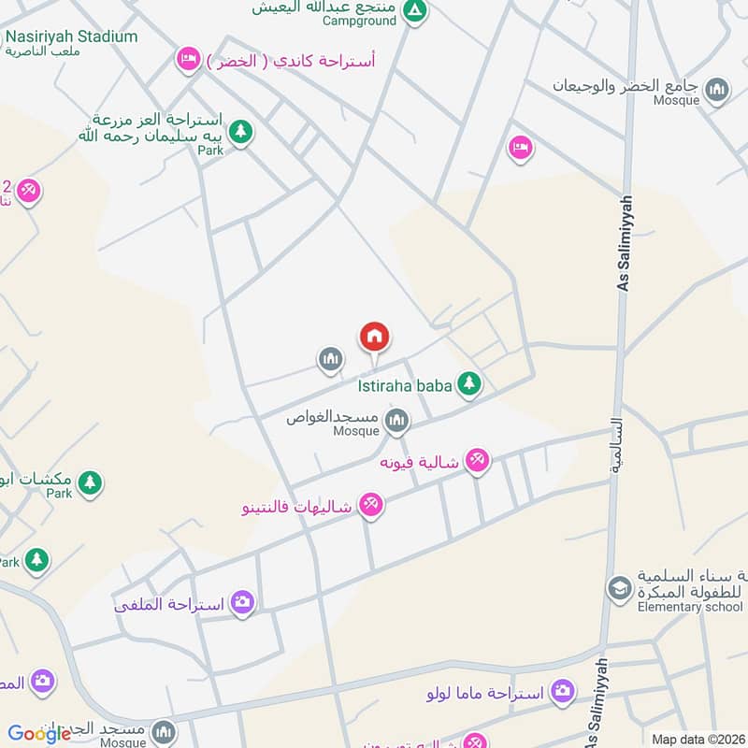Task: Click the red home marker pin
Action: [374, 337]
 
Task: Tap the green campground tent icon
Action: [414, 11]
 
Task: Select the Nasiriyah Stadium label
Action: [70, 36]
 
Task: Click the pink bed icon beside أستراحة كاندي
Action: [188, 61]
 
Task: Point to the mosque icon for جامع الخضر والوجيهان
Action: [717, 90]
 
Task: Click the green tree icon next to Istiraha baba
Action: [469, 383]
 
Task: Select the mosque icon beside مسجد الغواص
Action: [397, 422]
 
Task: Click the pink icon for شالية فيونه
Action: [478, 460]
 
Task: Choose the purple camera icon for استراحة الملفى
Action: [243, 602]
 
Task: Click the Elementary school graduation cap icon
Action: [619, 589]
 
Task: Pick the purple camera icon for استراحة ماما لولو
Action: [562, 692]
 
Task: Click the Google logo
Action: [39, 734]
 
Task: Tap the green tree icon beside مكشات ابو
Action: [90, 483]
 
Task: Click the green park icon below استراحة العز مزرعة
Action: [241, 133]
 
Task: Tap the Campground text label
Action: [359, 20]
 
